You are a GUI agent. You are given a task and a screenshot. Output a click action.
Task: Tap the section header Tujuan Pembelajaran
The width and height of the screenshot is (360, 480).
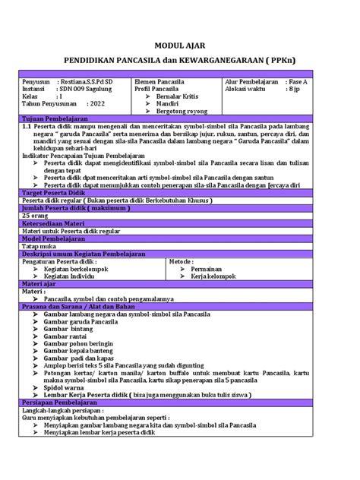pos(55,119)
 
